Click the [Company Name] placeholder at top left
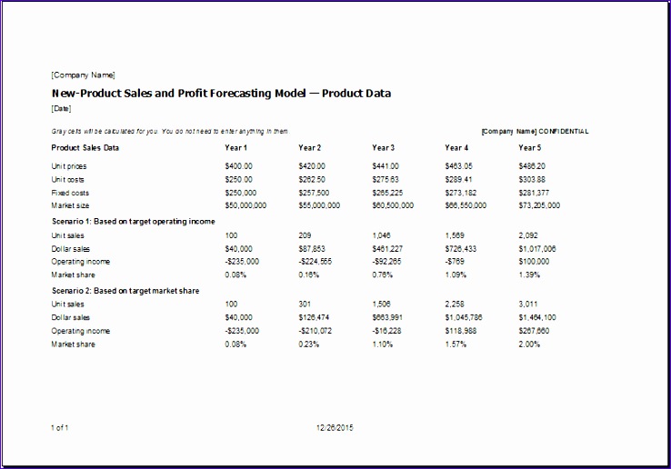tap(83, 75)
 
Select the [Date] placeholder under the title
tap(61, 108)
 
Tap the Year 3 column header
tap(383, 147)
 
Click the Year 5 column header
tap(529, 147)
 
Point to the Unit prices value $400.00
tap(238, 166)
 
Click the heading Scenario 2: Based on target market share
tap(125, 291)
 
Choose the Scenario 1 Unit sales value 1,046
tap(382, 234)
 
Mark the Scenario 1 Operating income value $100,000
tap(535, 261)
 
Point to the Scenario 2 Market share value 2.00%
tap(529, 344)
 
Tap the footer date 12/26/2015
tap(335, 427)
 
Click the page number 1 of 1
tap(60, 427)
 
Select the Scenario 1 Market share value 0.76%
tap(383, 274)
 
